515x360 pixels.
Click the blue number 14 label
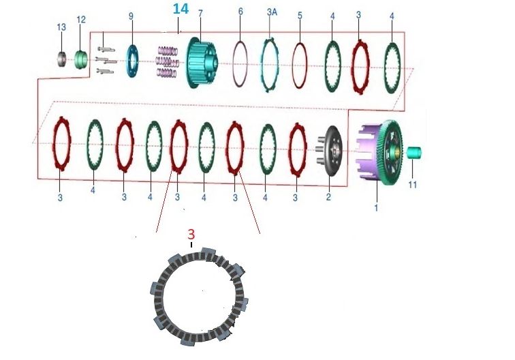(181, 9)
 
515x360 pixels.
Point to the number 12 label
(81, 20)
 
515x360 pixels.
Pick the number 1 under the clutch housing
(375, 207)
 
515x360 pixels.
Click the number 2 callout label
(328, 197)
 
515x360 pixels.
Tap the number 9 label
(131, 15)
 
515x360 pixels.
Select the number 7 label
(200, 14)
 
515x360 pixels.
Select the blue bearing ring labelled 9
(131, 61)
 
